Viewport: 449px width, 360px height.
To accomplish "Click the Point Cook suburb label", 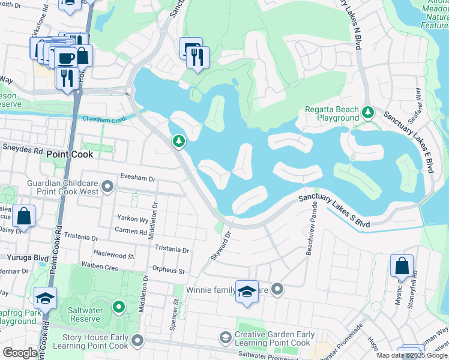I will tap(70, 154).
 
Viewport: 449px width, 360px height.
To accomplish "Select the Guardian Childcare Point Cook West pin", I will tap(107, 187).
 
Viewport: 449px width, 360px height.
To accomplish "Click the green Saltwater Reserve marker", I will tap(119, 308).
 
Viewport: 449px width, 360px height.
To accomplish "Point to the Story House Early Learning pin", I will tap(137, 341).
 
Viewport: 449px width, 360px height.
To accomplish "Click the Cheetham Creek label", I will tap(104, 120).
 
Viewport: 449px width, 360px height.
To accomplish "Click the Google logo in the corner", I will tap(20, 353).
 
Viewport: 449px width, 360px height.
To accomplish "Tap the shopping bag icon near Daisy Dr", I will tap(24, 215).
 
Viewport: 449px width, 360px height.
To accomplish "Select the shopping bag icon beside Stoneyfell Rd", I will tap(402, 265).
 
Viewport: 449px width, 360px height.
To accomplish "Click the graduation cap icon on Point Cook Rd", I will tap(46, 297).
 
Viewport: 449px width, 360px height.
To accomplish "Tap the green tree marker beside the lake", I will tap(178, 141).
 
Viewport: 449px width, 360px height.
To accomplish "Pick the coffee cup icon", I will tap(66, 57).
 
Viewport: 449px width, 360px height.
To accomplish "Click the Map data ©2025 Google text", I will tap(412, 355).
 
